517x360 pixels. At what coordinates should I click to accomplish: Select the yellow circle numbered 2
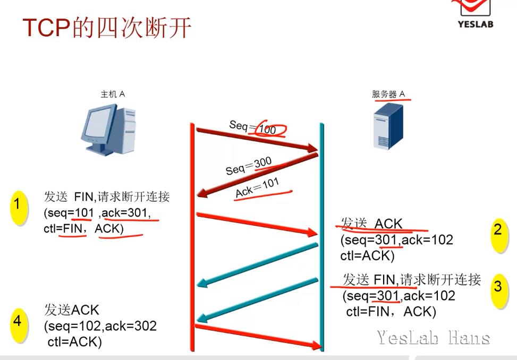[498, 231]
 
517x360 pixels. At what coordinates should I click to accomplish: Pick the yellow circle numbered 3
[498, 287]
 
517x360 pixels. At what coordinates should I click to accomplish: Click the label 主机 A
[113, 95]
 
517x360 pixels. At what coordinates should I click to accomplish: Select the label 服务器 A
[388, 95]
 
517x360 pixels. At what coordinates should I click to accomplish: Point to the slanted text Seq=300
[249, 166]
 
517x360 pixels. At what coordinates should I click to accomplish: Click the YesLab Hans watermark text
[434, 337]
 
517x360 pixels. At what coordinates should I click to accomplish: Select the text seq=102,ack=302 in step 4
[100, 325]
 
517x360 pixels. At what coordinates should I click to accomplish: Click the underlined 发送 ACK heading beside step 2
[372, 224]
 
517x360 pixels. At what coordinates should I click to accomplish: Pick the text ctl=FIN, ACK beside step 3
[391, 312]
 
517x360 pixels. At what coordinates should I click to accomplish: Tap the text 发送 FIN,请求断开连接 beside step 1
[107, 197]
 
